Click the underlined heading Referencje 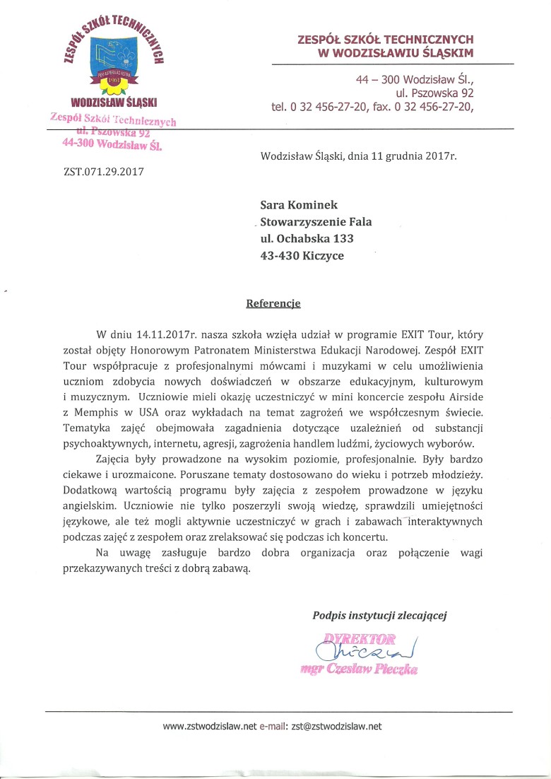[273, 303]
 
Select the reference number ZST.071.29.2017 [103, 170]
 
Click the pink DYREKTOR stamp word [360, 639]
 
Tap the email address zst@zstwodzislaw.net [336, 726]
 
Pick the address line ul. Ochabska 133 [307, 239]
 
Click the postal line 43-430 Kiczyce [302, 256]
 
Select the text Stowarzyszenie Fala [316, 222]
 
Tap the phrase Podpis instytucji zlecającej [379, 615]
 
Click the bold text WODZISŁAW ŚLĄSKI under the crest [113, 102]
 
